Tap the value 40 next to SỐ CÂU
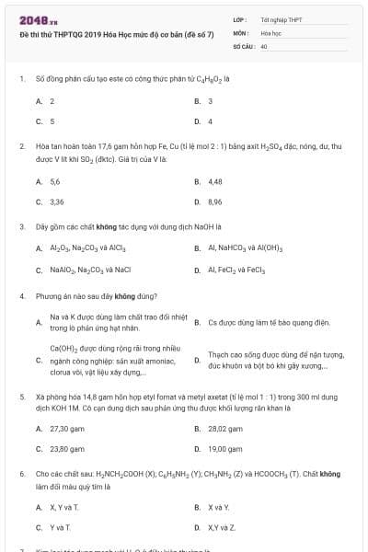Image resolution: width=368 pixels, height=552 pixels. tap(264, 45)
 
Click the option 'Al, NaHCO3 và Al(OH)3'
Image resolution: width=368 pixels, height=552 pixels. tap(245, 248)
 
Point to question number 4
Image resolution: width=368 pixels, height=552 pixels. tap(21, 297)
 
